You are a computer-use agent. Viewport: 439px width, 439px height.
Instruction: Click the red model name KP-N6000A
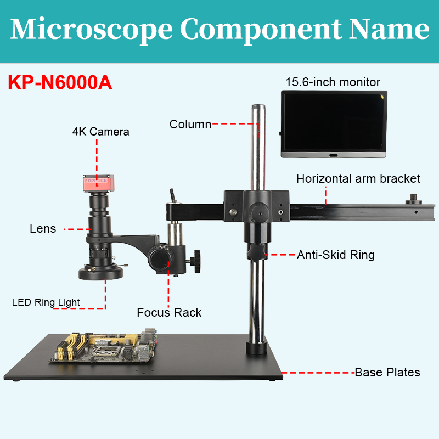click(x=60, y=82)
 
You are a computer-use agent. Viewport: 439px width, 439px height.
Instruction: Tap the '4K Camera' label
click(x=101, y=132)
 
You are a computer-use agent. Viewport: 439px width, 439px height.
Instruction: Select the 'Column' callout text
click(x=190, y=125)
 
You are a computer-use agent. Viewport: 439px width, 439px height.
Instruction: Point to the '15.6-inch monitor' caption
click(x=333, y=82)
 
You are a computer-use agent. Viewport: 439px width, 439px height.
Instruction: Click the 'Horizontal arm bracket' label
click(x=358, y=179)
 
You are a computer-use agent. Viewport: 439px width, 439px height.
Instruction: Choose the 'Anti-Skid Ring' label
click(x=336, y=255)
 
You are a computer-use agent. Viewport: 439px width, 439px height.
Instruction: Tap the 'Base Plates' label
click(x=387, y=373)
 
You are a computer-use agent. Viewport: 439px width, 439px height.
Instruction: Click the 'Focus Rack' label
click(x=169, y=312)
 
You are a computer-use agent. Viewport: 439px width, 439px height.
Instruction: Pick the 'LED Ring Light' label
click(x=46, y=302)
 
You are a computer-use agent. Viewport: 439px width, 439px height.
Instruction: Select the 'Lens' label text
click(x=43, y=229)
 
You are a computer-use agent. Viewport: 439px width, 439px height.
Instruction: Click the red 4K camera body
click(x=99, y=183)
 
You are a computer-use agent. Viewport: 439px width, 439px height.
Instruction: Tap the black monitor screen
click(x=334, y=122)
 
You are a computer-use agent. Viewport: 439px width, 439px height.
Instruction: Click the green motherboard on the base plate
click(x=104, y=346)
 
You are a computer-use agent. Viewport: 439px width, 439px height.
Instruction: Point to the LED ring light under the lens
click(x=101, y=272)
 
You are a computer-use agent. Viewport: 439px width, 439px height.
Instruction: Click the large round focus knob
click(x=159, y=258)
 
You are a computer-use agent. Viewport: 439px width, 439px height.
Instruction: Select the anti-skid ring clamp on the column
click(x=256, y=251)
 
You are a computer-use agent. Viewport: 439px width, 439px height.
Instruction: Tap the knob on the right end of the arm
click(x=414, y=199)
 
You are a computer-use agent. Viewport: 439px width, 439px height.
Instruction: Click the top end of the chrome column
click(x=258, y=106)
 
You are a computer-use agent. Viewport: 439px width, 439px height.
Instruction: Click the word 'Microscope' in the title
click(x=91, y=30)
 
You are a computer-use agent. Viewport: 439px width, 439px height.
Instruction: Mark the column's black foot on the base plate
click(x=256, y=347)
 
